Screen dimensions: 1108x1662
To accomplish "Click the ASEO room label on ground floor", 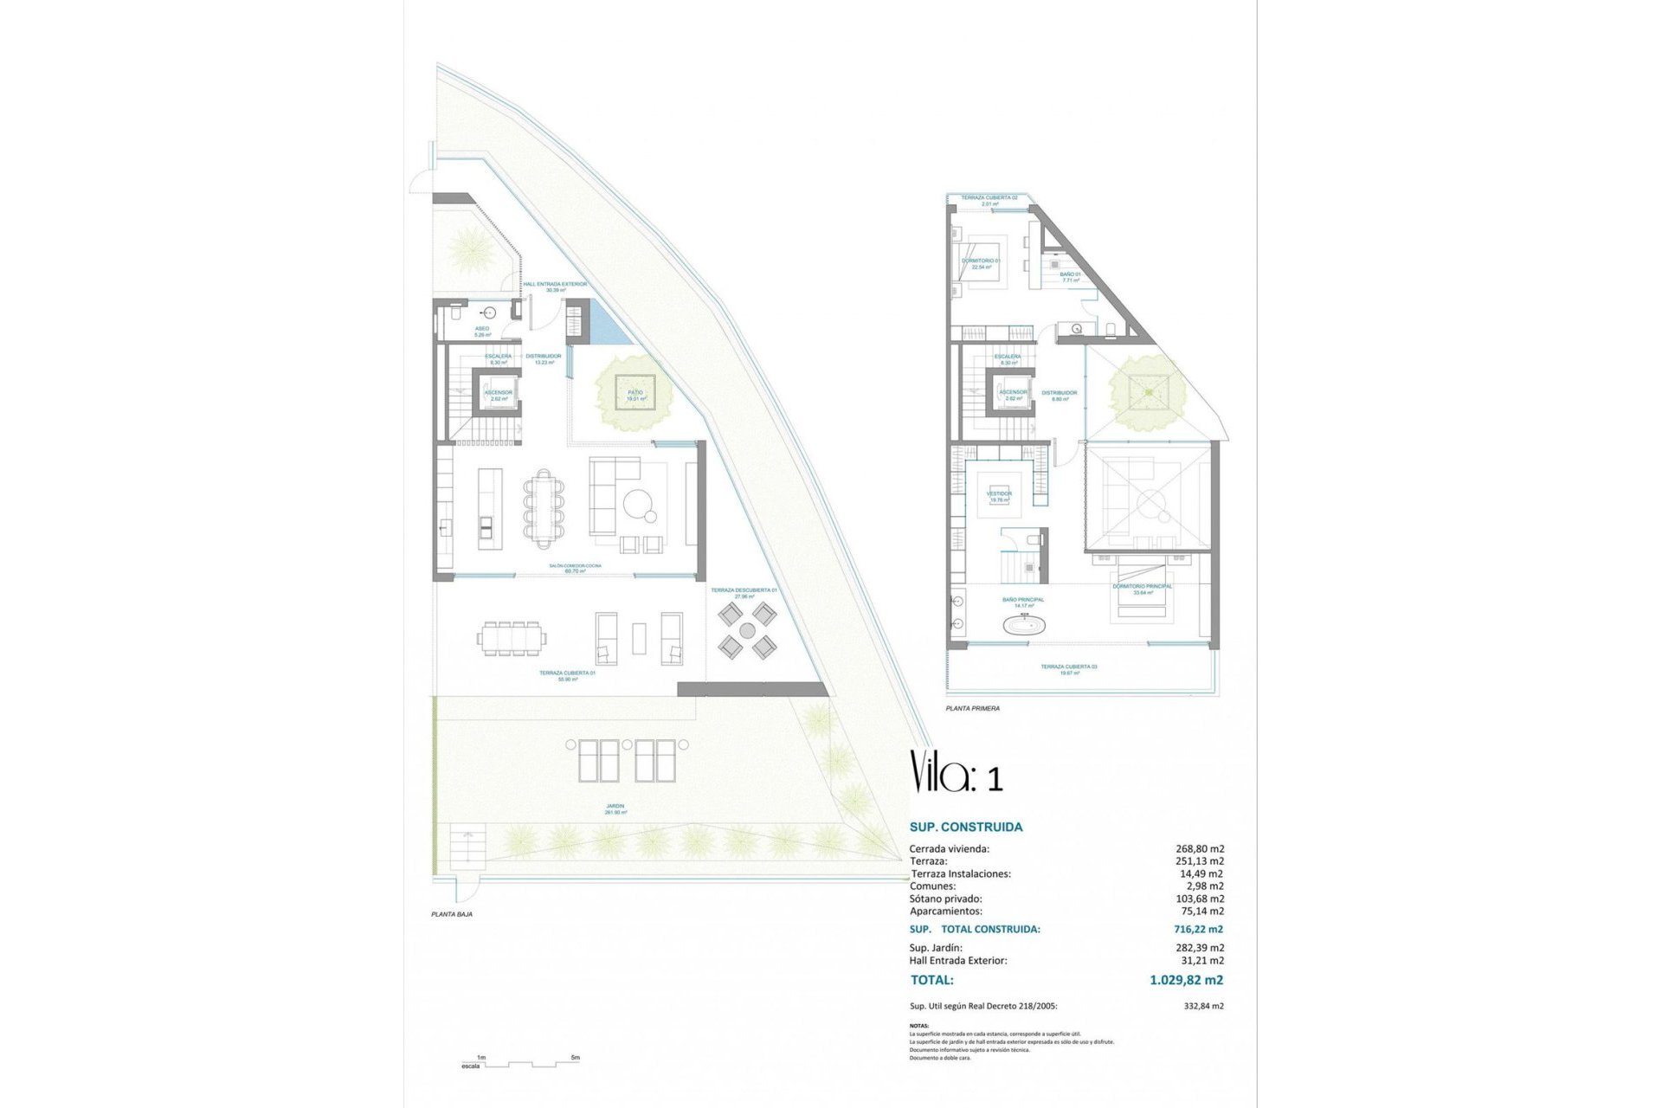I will [482, 329].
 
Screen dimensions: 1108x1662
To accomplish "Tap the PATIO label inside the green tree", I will [635, 393].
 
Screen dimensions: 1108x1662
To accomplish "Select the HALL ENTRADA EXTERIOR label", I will [555, 284].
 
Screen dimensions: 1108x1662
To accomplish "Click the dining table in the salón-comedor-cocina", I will [543, 508].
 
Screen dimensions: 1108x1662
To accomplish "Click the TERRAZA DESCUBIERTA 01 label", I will [744, 590].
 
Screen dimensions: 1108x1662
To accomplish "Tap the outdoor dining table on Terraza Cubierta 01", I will [512, 638].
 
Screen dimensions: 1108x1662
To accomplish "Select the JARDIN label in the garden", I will [615, 807].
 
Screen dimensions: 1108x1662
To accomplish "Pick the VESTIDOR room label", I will [999, 493].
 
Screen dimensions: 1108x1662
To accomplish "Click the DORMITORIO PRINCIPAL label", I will [1143, 586].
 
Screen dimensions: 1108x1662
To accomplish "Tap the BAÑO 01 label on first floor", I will [1070, 274].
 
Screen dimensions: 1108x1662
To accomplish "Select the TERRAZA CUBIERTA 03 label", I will [1069, 667].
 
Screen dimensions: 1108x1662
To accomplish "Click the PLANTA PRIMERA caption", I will [972, 708].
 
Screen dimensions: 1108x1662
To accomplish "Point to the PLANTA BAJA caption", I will [452, 914].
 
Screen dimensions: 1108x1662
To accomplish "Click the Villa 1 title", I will [956, 773].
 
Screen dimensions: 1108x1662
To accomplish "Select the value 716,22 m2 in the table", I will [1198, 929].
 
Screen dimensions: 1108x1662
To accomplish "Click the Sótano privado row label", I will [945, 899].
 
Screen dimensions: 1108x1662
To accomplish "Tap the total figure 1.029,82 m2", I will [1186, 980].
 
